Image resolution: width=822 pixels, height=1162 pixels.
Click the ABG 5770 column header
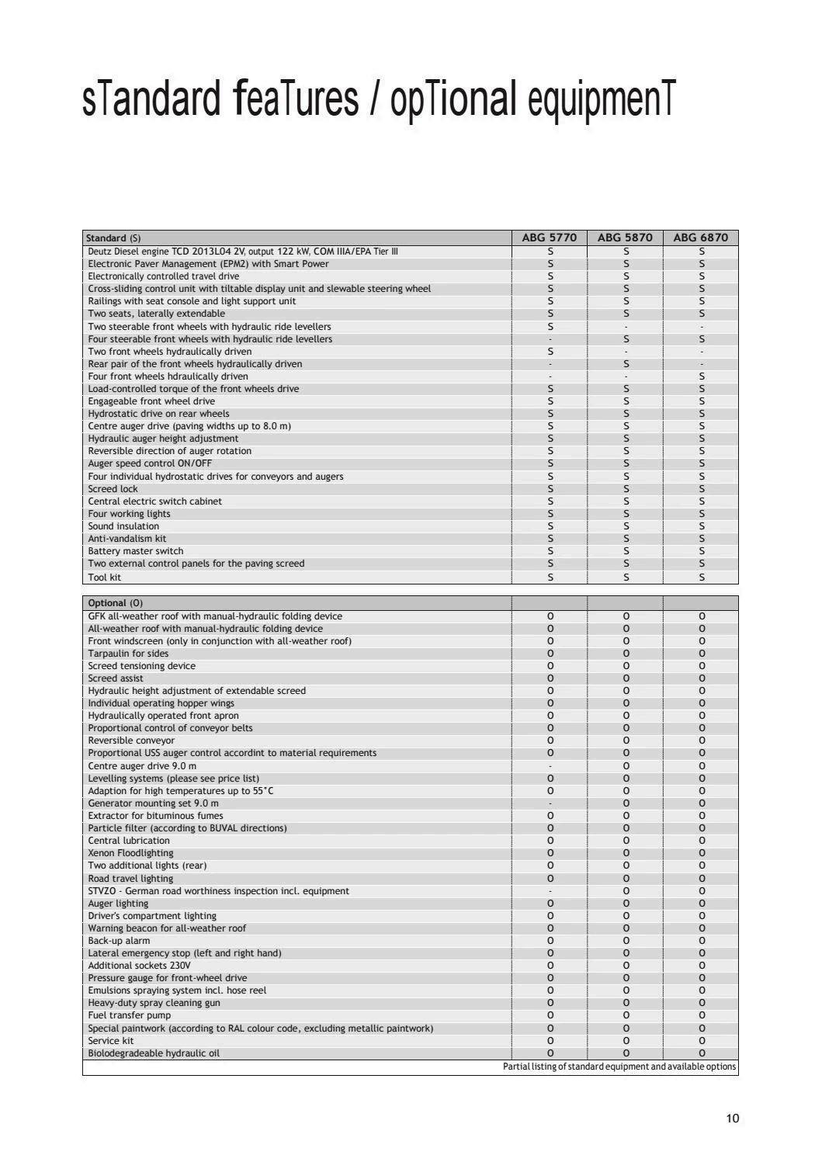coord(550,238)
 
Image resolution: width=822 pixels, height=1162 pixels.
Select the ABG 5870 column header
coord(625,238)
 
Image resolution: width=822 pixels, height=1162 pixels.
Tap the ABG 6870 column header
coord(701,238)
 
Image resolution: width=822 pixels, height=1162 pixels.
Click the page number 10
coord(732,1119)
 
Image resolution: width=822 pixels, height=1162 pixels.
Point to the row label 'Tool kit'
coord(105,577)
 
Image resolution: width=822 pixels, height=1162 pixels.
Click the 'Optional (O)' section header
coord(115,603)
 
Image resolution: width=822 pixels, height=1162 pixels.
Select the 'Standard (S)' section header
coord(113,238)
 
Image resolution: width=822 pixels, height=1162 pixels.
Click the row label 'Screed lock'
coord(113,489)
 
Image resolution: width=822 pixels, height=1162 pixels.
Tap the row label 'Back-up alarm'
coord(119,941)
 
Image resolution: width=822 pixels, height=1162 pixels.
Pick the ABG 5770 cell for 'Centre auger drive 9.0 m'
coord(550,766)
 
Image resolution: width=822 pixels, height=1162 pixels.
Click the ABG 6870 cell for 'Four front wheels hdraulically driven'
coord(702,376)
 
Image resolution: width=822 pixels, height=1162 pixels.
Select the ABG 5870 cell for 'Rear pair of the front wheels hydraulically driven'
coord(626,364)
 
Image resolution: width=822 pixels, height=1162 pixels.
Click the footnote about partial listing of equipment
coord(619,1067)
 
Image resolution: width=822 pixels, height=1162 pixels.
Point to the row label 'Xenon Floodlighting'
coord(130,853)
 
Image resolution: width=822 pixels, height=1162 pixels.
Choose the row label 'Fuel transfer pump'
coord(130,1015)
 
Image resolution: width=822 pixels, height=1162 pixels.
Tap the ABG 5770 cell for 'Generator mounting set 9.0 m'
coord(550,803)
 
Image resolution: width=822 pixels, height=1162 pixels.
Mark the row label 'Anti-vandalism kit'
coord(127,539)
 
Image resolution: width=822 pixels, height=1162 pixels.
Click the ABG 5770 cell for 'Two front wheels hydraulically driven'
coord(550,352)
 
